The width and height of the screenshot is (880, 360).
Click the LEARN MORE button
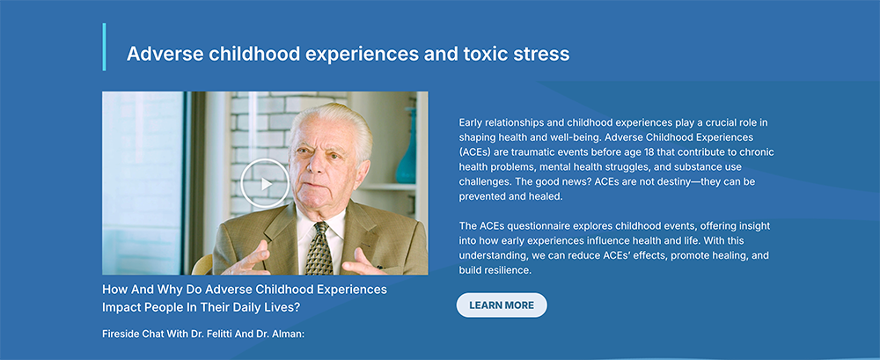(502, 305)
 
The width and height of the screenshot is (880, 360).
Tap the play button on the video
(265, 183)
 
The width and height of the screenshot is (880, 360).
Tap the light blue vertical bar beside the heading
(104, 47)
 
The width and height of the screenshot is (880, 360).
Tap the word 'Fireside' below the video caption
(120, 334)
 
